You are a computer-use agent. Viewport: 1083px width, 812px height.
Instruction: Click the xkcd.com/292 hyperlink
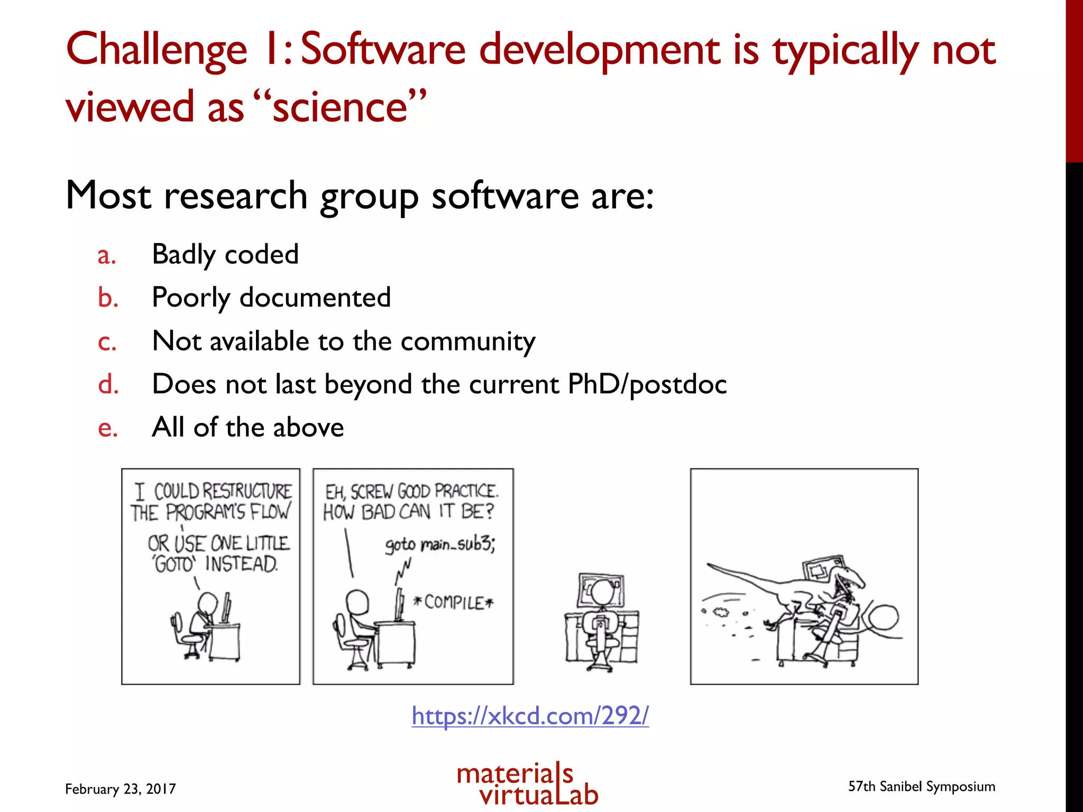[530, 716]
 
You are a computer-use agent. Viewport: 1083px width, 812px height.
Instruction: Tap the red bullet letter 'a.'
[106, 256]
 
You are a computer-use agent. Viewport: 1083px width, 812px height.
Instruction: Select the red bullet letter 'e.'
[107, 428]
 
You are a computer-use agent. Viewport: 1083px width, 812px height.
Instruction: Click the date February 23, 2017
[120, 789]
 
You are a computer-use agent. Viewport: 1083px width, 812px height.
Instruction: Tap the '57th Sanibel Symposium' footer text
[921, 787]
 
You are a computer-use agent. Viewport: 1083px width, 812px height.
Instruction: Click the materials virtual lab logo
[527, 785]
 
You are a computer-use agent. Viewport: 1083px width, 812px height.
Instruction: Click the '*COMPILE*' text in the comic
[453, 602]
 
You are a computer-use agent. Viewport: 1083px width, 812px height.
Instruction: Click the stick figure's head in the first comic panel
[207, 602]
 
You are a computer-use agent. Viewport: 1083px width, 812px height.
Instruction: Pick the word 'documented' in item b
[315, 298]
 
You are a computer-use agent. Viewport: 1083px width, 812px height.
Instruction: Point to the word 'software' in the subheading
[505, 196]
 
